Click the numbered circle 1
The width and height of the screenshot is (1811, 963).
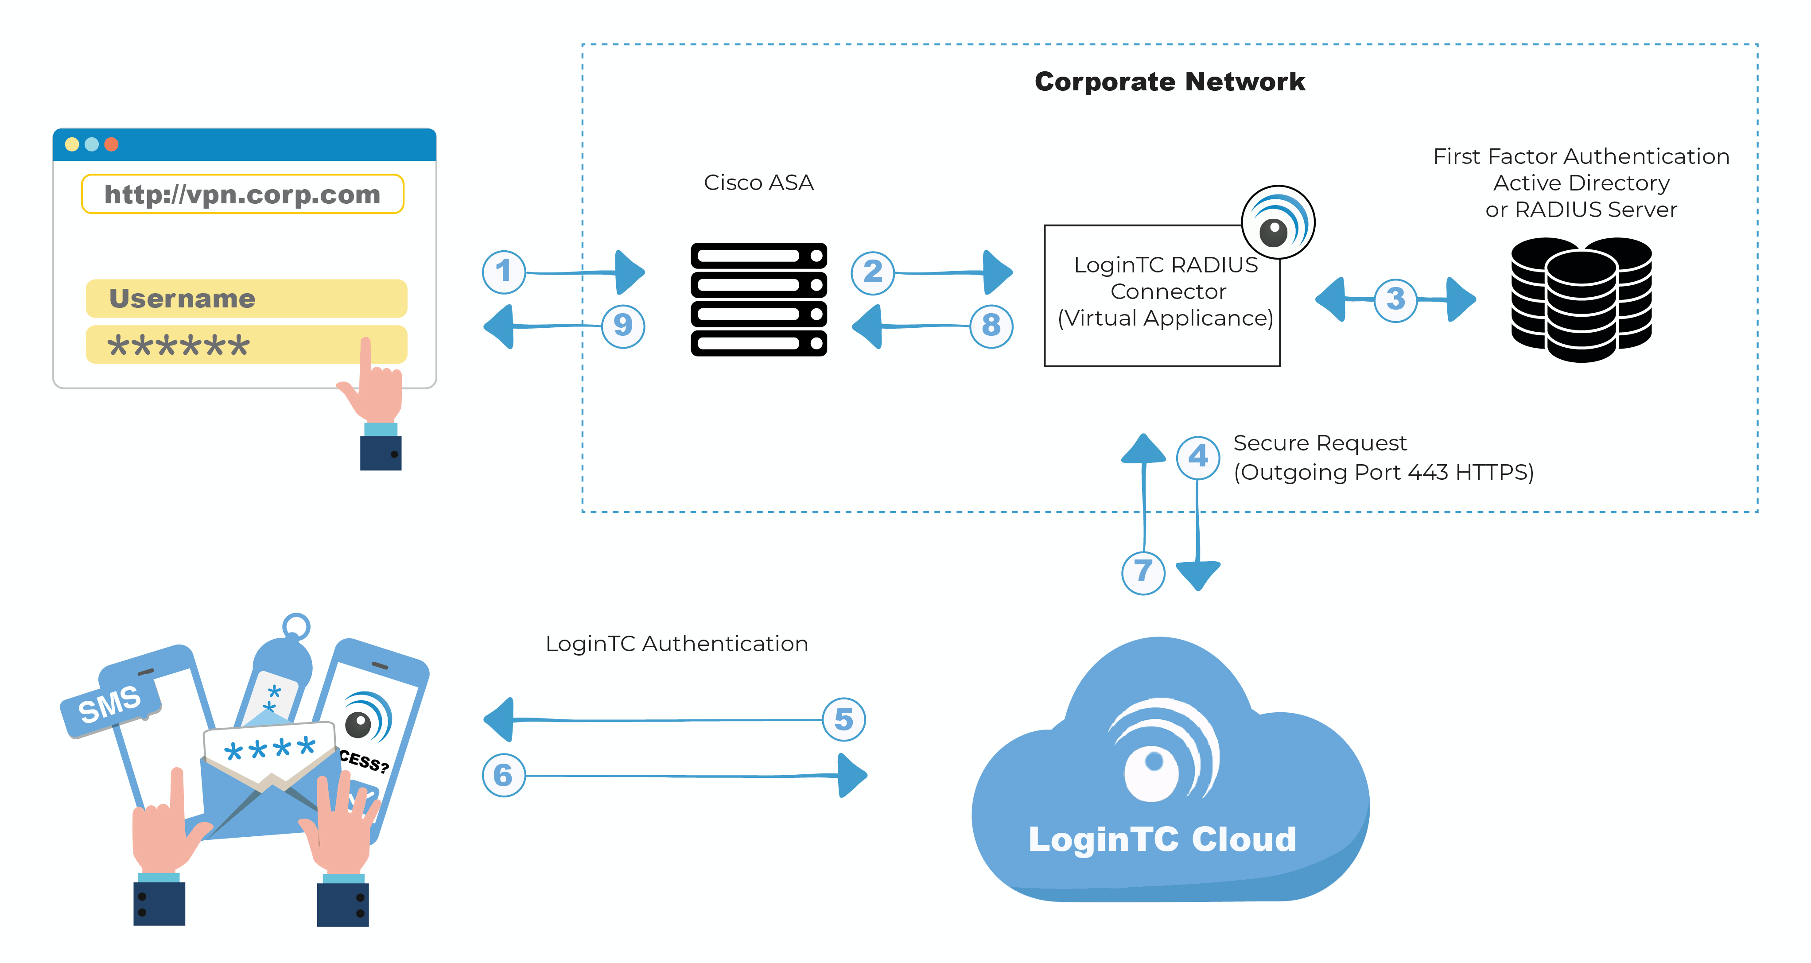click(503, 272)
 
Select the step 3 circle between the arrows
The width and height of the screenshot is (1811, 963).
click(1395, 299)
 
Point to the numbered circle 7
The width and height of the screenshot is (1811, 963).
click(1143, 572)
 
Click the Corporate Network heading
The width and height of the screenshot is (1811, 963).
click(1169, 82)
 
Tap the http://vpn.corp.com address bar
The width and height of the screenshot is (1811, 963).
click(243, 194)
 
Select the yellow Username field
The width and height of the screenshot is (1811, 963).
click(246, 299)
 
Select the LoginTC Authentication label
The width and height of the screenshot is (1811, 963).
click(676, 644)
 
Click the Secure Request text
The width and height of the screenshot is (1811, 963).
click(1320, 443)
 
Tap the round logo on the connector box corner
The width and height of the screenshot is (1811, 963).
click(1278, 222)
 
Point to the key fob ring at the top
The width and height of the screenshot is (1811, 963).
click(296, 625)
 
